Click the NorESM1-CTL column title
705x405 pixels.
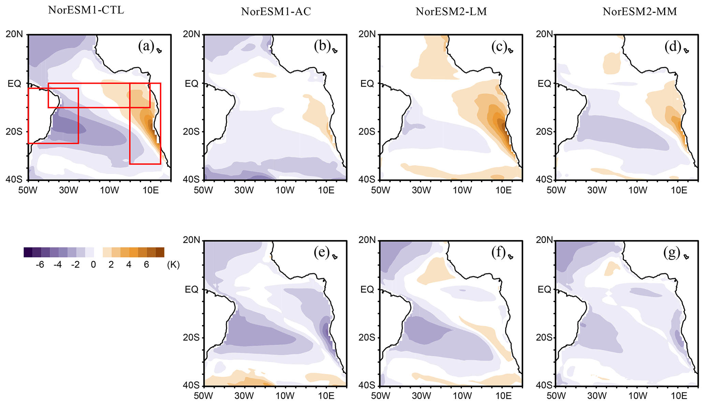point(86,10)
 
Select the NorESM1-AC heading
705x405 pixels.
point(276,12)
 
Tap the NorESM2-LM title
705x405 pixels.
point(451,12)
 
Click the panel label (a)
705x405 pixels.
point(146,46)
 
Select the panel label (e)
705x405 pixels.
point(322,253)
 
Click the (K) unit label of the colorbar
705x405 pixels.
point(173,265)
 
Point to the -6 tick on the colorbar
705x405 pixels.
point(40,265)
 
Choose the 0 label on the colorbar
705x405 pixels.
point(93,265)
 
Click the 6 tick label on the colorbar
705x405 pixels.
point(146,265)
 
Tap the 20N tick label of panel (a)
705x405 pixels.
point(14,34)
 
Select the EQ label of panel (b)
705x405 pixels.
point(191,84)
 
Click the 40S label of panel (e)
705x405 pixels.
point(191,385)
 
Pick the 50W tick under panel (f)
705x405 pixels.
point(380,396)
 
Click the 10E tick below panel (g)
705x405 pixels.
point(679,396)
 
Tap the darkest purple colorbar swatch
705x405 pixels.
point(28,252)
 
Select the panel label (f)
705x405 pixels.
point(498,253)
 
